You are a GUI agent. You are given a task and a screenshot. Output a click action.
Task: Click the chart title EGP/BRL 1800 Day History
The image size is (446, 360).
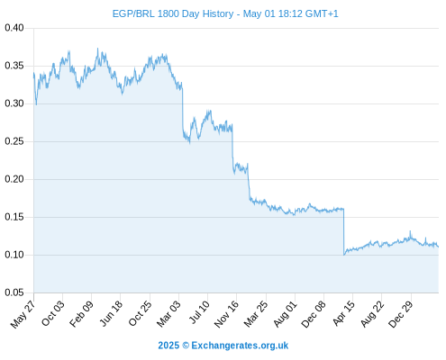[x=173, y=13]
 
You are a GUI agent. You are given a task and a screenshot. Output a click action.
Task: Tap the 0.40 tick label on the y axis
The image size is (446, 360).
[x=14, y=28]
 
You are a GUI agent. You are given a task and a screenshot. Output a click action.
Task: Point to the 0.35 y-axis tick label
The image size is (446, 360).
[x=14, y=66]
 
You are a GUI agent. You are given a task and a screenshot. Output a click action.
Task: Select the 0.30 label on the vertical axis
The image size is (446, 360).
[x=14, y=103]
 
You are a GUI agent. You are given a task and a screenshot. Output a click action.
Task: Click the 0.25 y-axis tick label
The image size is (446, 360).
[x=14, y=141]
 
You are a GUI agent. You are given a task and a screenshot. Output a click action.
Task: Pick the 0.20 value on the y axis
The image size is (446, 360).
[x=14, y=179]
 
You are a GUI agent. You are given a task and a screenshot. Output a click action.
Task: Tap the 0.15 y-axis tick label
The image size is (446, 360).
[x=14, y=217]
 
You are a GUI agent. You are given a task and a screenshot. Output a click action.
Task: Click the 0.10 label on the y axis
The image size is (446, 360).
[x=14, y=255]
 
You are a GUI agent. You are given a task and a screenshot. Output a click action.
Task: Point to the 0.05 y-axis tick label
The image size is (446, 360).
[x=14, y=292]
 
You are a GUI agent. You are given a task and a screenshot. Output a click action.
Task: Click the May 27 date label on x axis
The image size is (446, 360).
[x=23, y=314]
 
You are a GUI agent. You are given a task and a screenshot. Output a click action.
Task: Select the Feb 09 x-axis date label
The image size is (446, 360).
[x=81, y=314]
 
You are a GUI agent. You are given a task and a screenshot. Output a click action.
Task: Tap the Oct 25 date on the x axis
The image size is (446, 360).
[x=140, y=314]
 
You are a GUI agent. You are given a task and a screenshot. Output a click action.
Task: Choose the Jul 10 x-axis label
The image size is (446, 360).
[x=199, y=312]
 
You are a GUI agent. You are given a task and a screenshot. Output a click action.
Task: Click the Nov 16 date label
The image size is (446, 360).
[x=226, y=314]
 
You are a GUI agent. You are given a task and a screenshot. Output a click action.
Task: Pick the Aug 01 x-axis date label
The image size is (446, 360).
[x=285, y=314]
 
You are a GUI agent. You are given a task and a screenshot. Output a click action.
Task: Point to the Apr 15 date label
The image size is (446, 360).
[x=343, y=313]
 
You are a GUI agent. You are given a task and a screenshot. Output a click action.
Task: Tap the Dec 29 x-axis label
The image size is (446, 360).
[x=401, y=314]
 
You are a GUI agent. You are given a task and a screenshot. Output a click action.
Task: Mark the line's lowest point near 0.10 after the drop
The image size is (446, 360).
[x=344, y=255]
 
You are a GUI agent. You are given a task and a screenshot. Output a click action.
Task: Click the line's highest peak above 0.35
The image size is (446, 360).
[x=97, y=49]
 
